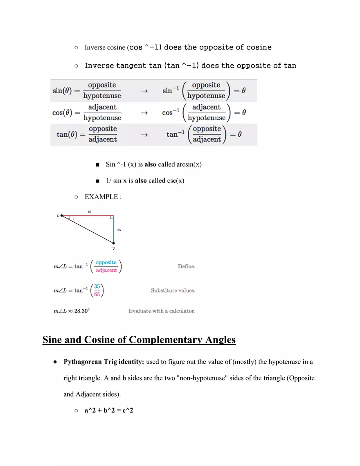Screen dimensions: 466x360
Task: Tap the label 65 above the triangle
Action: pyautogui.click(x=90, y=212)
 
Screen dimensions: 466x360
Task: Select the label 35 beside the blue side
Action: pyautogui.click(x=119, y=230)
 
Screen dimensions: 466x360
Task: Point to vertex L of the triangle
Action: pyautogui.click(x=61, y=216)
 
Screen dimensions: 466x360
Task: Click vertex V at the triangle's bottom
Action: pyautogui.click(x=113, y=243)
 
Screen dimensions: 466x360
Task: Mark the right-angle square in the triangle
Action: pyautogui.click(x=111, y=218)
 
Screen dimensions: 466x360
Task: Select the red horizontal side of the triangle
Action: pyautogui.click(x=88, y=215)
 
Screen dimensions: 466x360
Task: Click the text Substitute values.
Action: pyautogui.click(x=173, y=290)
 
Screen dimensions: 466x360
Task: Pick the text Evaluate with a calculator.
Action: pyautogui.click(x=162, y=311)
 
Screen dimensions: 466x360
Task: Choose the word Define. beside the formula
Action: pyautogui.click(x=187, y=266)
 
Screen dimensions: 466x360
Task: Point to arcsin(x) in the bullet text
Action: pyautogui.click(x=189, y=164)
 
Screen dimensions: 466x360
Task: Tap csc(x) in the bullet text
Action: pyautogui.click(x=175, y=180)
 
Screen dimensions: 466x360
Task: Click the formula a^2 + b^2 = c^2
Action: pyautogui.click(x=108, y=410)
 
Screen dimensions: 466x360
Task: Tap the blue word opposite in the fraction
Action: pyautogui.click(x=106, y=262)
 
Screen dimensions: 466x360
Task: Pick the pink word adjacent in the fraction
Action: pyautogui.click(x=106, y=270)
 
